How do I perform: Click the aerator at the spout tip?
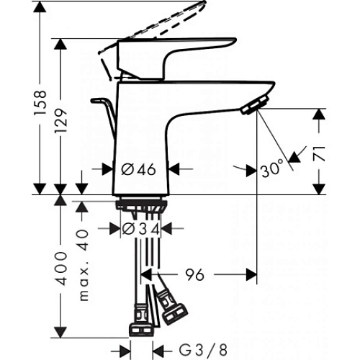(251, 107)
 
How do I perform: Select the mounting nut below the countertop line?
(142, 207)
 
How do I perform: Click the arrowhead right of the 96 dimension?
(251, 274)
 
